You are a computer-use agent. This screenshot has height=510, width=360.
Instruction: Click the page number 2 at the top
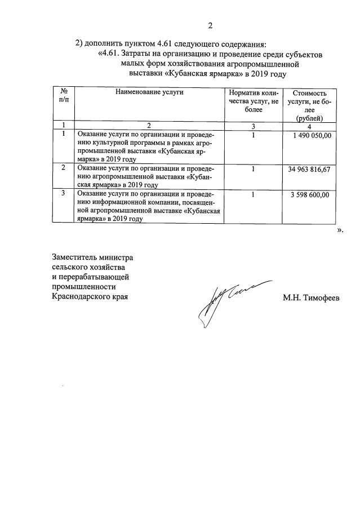click(210, 25)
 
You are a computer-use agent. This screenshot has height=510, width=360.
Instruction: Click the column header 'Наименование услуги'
click(150, 91)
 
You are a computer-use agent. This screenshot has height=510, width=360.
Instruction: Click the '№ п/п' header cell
click(64, 96)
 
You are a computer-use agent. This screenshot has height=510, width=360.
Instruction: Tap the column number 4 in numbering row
click(309, 125)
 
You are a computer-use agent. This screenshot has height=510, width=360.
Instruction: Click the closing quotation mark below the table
click(339, 230)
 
